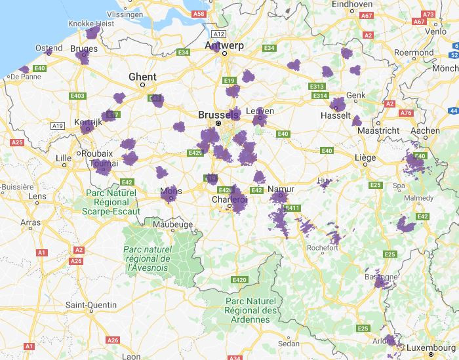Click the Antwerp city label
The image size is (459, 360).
coord(225,45)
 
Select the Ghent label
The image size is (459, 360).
coord(142,77)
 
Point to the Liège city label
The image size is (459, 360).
coord(365,157)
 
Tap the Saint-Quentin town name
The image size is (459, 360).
coord(91,305)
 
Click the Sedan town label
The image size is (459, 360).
coord(289,343)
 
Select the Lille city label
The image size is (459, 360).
coord(64,158)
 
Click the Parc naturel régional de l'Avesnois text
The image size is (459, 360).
coord(147,258)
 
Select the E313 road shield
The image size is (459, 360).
coord(317,86)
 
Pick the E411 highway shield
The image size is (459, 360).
coord(292,208)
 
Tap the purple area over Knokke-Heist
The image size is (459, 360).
coord(93,32)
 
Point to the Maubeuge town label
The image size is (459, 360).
coord(172,224)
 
